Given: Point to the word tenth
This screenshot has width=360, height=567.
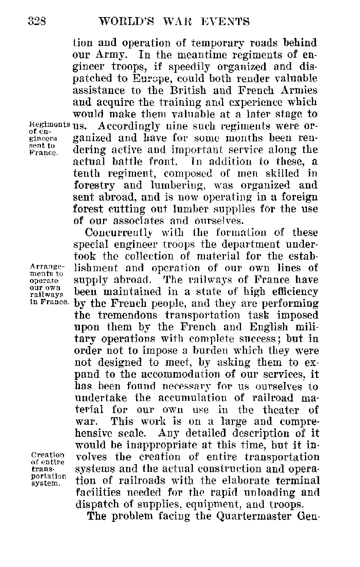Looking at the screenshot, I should [x=86, y=174].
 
